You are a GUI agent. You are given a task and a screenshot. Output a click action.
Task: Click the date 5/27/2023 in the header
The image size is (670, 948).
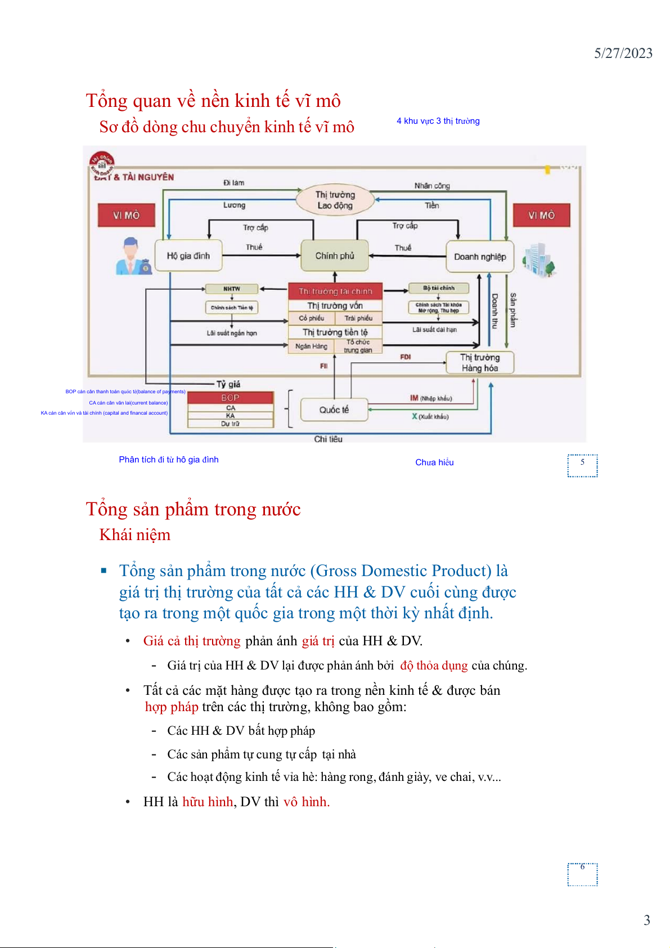click(x=623, y=53)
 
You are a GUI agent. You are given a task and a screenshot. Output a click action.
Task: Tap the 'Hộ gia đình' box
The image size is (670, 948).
click(x=188, y=256)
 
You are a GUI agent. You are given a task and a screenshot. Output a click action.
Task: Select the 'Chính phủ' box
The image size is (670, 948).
click(x=335, y=256)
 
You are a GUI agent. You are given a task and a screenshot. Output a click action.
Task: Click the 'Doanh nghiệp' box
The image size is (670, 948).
click(x=480, y=257)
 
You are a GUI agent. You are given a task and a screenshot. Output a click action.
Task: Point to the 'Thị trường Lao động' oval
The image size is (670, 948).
click(x=335, y=200)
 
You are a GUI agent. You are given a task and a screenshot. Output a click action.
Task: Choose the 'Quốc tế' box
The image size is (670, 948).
click(x=334, y=410)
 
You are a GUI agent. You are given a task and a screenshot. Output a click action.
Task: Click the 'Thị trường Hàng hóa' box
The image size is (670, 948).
click(x=480, y=363)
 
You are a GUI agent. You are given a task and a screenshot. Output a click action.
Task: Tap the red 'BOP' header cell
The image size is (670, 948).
click(x=230, y=397)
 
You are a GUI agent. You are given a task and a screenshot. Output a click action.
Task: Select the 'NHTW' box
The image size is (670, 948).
click(x=232, y=289)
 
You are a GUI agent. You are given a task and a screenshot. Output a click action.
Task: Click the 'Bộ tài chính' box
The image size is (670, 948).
click(x=439, y=288)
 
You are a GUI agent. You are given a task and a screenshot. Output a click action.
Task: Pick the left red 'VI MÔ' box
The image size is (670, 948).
click(x=126, y=215)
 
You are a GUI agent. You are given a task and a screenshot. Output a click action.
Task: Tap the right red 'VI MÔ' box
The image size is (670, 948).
click(x=541, y=215)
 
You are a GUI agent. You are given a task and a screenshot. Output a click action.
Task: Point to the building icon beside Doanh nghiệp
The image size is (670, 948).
click(x=539, y=260)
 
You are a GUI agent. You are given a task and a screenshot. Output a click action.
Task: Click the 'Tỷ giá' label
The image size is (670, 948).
click(x=228, y=384)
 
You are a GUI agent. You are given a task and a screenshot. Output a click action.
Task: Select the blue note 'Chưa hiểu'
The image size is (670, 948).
click(x=434, y=462)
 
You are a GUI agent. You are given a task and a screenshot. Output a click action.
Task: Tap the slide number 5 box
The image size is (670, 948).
click(x=582, y=465)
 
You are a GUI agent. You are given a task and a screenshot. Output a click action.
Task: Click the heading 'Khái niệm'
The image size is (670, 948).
click(x=135, y=534)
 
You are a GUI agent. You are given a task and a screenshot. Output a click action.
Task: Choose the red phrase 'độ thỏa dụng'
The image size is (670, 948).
click(x=434, y=666)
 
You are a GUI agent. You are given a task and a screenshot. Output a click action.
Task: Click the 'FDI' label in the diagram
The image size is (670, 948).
click(x=406, y=357)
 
